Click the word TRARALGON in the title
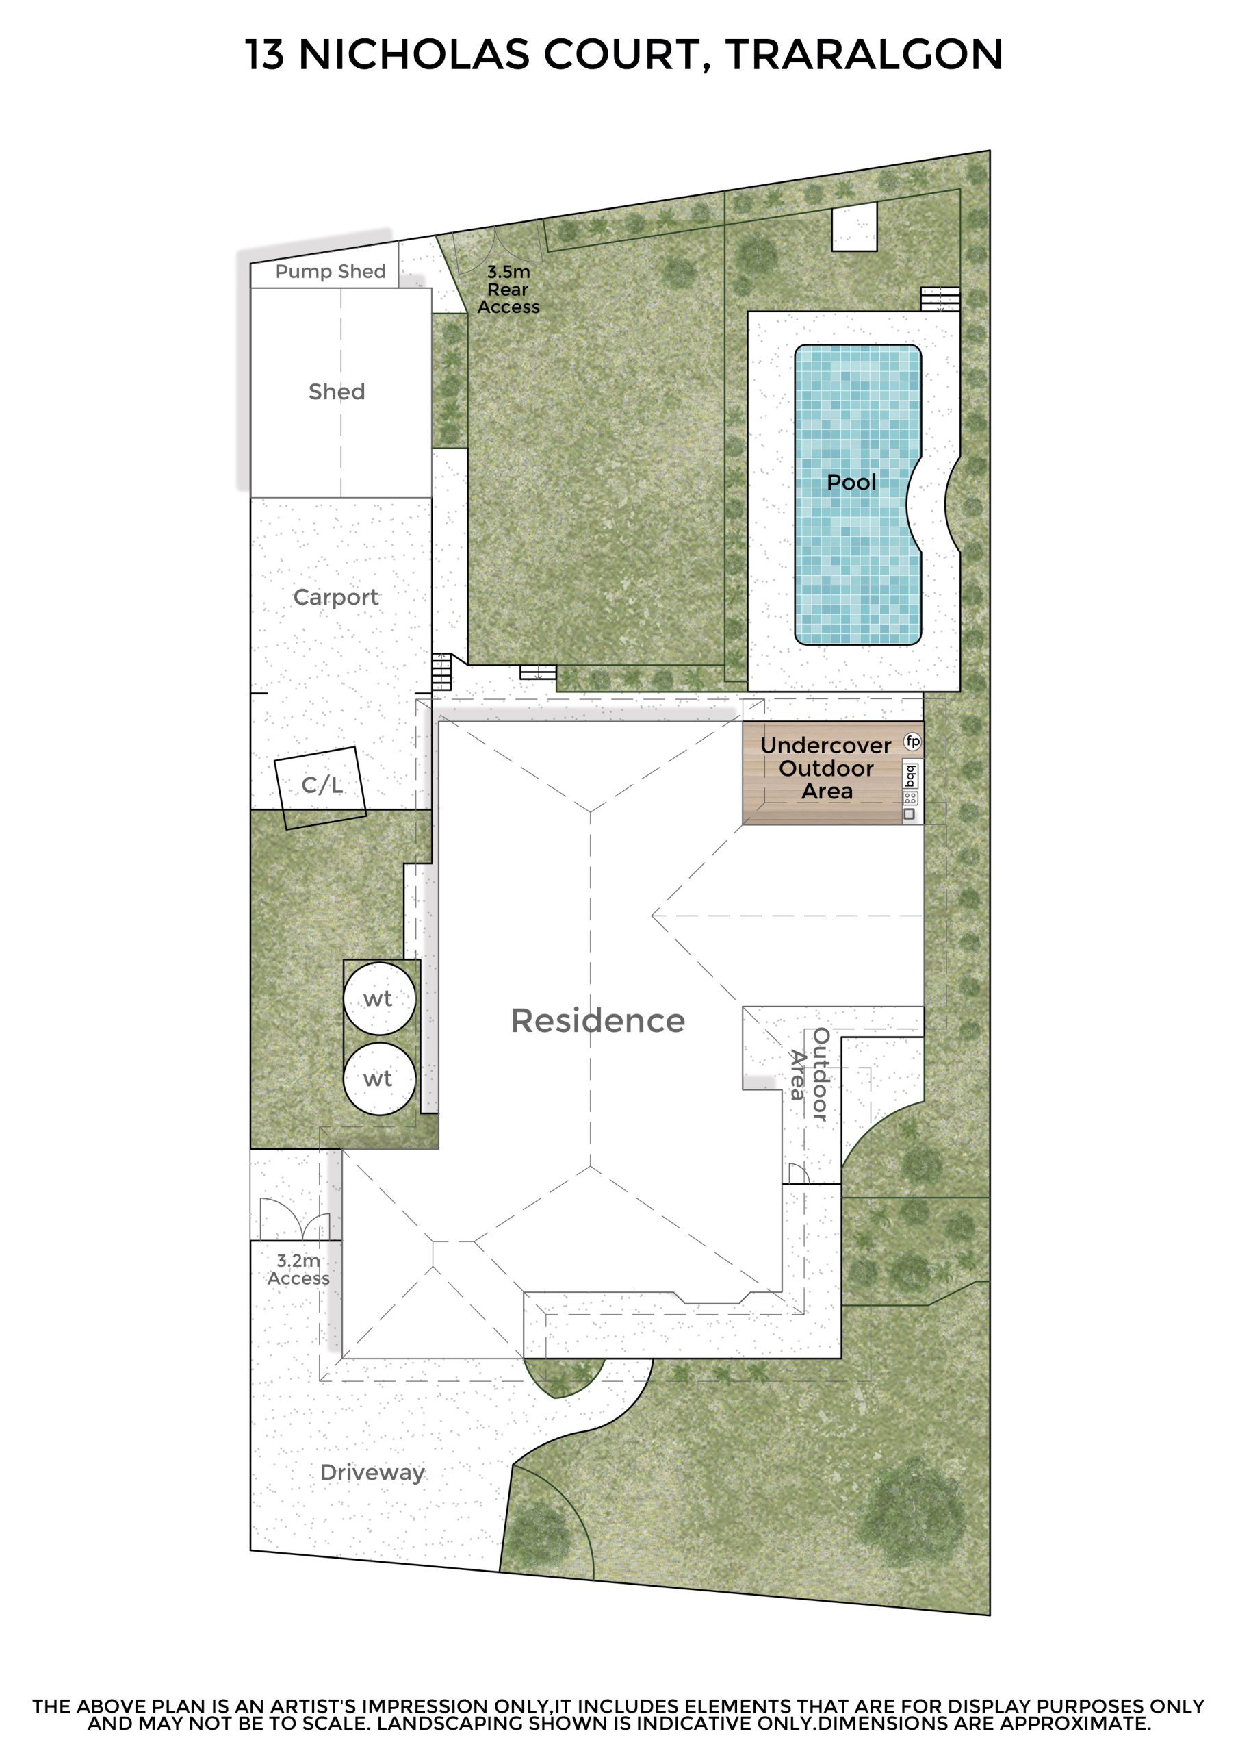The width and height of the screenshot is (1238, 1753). (864, 55)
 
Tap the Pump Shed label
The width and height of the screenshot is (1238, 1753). (331, 271)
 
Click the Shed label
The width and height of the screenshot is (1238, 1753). (337, 392)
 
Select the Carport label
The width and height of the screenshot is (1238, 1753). (336, 597)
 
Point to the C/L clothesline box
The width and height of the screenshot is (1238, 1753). (320, 788)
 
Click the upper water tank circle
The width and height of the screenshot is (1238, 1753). (379, 998)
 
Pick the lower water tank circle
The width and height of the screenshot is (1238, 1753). (379, 1078)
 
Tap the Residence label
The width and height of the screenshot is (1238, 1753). (597, 1021)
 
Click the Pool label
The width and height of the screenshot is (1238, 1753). (852, 483)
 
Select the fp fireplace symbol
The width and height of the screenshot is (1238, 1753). (913, 741)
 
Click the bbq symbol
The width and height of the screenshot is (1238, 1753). (911, 776)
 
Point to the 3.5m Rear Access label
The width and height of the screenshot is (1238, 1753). (508, 290)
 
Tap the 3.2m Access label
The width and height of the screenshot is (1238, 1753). (298, 1270)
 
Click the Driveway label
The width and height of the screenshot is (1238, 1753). (372, 1472)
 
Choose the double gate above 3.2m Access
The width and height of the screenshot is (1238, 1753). (295, 1220)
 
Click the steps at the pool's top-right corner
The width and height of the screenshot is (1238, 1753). (940, 299)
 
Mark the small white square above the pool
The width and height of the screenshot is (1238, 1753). (854, 226)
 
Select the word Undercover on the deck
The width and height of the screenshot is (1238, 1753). (826, 745)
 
